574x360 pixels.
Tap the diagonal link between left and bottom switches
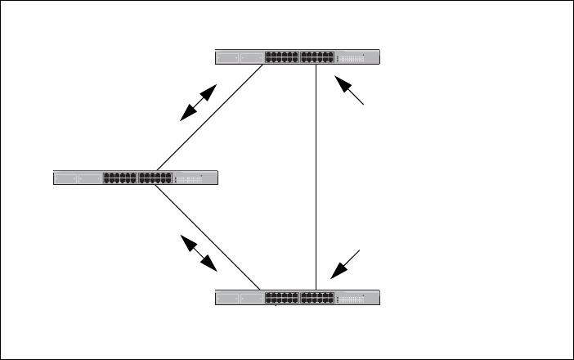click(208, 238)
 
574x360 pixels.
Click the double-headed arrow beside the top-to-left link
click(199, 102)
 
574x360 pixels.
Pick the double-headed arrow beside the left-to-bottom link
click(199, 253)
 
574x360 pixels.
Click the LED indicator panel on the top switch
click(353, 58)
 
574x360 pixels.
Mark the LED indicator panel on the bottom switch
click(353, 299)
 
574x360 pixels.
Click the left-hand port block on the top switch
click(282, 57)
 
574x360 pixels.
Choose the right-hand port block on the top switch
click(317, 57)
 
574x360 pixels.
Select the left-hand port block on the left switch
click(120, 178)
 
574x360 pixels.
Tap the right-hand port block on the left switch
click(155, 178)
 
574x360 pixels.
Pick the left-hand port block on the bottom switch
click(282, 298)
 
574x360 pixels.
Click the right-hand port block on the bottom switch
click(317, 298)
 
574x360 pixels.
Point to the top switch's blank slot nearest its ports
click(251, 57)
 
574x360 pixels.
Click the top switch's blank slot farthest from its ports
click(228, 57)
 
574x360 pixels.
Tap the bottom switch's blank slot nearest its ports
click(251, 298)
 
